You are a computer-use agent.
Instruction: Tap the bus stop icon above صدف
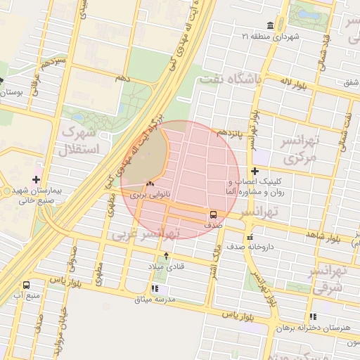pyautogui.click(x=213, y=214)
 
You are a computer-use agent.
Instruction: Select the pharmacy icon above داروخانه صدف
pyautogui.click(x=250, y=237)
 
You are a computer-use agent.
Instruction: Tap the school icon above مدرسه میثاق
pyautogui.click(x=155, y=288)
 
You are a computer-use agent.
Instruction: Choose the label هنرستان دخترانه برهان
pyautogui.click(x=312, y=328)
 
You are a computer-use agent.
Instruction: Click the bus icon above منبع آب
pyautogui.click(x=27, y=285)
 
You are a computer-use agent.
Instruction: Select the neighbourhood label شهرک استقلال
pyautogui.click(x=83, y=140)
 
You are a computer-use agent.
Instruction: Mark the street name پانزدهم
pyautogui.click(x=229, y=132)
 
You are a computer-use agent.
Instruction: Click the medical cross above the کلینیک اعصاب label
pyautogui.click(x=255, y=171)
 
